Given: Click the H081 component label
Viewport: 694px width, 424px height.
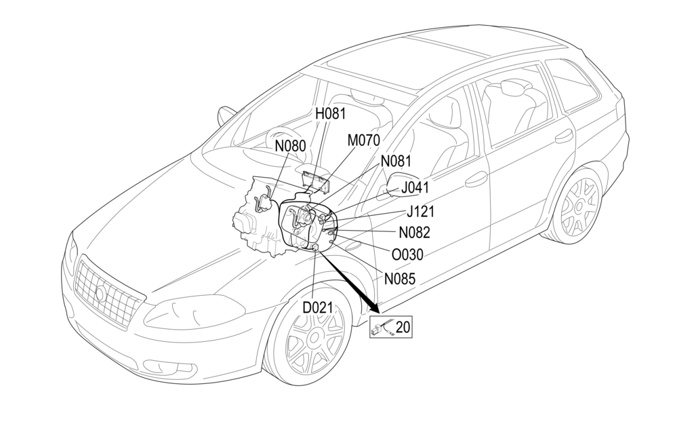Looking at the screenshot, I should (x=331, y=113).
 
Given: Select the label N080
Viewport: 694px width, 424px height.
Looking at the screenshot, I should (x=291, y=145).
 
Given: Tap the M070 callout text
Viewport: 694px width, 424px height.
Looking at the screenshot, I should (x=363, y=140).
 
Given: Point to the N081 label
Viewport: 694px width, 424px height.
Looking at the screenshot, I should (x=396, y=161).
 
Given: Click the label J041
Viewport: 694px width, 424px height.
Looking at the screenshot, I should (x=415, y=187).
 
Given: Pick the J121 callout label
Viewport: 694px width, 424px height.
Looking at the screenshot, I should (x=420, y=212).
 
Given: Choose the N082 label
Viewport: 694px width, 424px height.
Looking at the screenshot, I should (x=415, y=232).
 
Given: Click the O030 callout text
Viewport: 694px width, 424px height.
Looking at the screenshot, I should (x=408, y=254).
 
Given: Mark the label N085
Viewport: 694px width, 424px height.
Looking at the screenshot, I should (x=400, y=278).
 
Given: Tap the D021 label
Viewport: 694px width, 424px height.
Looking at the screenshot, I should (x=318, y=307).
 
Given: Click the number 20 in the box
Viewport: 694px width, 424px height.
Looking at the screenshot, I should (x=403, y=328).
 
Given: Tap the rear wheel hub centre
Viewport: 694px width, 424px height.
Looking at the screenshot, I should (x=581, y=204).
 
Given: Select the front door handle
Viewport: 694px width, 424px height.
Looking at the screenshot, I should (x=476, y=179).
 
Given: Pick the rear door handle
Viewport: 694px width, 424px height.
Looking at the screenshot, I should (x=565, y=136).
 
